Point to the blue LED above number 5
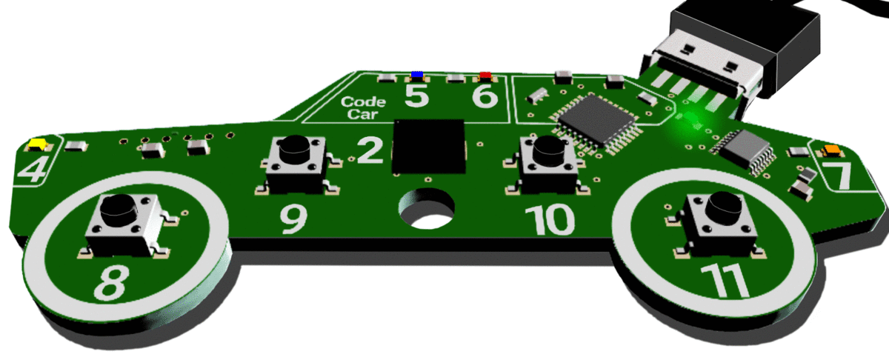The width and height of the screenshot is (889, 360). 418,75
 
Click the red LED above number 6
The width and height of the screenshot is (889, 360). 485,76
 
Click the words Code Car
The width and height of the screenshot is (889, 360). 363,108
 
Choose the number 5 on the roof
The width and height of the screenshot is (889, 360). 416,96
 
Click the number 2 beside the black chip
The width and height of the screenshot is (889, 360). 370,150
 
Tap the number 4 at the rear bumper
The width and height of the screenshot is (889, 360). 31,171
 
